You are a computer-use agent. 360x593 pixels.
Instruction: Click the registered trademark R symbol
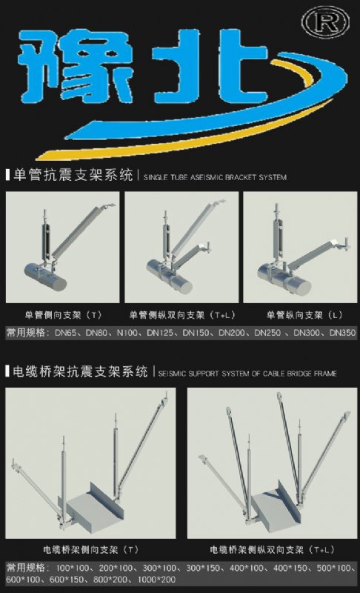coord(325,22)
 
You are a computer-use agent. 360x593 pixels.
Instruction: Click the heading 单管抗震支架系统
coord(73,176)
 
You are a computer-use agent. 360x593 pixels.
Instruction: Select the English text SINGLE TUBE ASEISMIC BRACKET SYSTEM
coord(215,177)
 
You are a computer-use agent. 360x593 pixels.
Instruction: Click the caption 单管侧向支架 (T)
coord(63,314)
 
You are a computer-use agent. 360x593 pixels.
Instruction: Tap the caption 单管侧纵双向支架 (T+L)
coord(182,314)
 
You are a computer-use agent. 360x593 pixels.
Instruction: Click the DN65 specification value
coord(66,333)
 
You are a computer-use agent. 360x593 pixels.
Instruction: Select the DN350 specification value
coord(343,333)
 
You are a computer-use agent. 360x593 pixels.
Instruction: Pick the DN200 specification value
coord(232,333)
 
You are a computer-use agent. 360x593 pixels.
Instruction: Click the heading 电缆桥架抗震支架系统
coord(80,372)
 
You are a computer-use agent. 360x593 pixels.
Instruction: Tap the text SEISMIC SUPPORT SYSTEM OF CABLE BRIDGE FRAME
coord(247,374)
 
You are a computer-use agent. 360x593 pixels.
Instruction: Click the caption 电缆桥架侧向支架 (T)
coord(90,549)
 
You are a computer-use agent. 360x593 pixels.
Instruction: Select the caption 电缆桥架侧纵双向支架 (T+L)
coord(272,549)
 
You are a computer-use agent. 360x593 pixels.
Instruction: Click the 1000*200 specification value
coord(156,580)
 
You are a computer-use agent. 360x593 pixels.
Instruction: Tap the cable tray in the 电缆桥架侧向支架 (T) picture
coord(93,508)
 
